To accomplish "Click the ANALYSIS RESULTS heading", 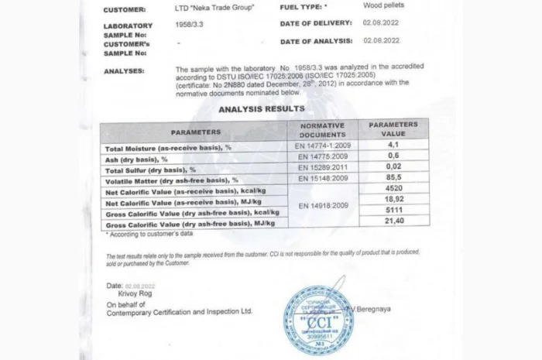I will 261,109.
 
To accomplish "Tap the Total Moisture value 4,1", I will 393,144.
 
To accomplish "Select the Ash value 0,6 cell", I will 393,155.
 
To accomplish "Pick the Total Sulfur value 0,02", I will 393,166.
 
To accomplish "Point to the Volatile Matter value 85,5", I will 393,177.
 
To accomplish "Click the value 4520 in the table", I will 393,188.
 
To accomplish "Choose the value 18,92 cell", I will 393,199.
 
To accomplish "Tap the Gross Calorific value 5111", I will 393,210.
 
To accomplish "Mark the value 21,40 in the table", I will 393,221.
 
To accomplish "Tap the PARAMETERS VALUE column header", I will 393,129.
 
